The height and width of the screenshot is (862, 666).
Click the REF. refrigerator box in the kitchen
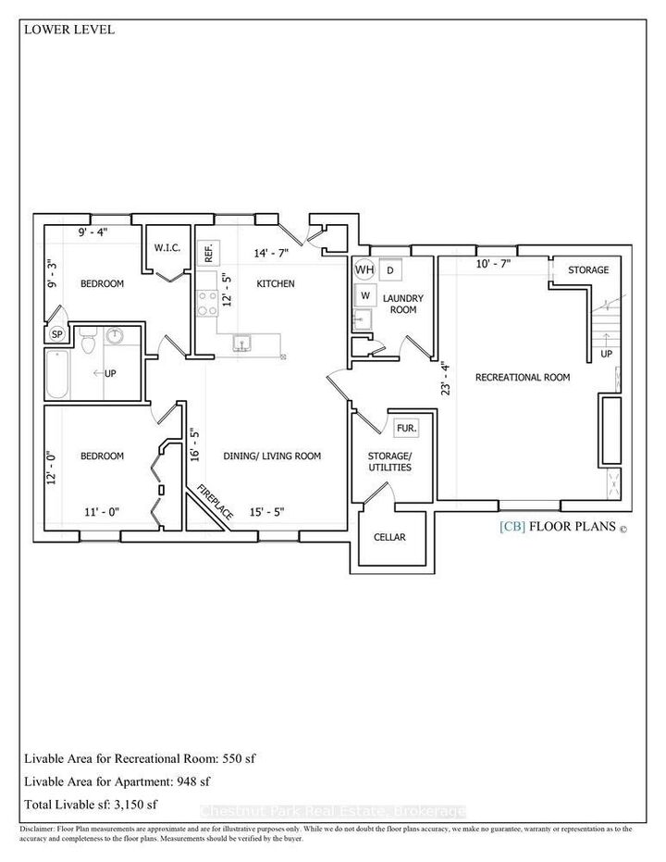click(x=209, y=254)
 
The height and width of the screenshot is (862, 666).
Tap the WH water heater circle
click(x=364, y=269)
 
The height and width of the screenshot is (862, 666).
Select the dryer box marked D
click(x=390, y=270)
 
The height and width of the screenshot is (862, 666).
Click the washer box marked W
click(x=365, y=295)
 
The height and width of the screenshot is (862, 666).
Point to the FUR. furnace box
click(x=407, y=427)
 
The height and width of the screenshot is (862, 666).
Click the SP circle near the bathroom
click(x=56, y=333)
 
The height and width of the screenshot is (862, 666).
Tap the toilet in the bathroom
click(x=88, y=340)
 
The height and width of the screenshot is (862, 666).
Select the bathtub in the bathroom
click(x=57, y=374)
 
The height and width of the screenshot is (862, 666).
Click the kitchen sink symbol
click(x=241, y=343)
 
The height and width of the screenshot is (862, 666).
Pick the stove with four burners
click(x=207, y=304)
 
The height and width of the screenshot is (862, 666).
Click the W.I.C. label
click(x=166, y=248)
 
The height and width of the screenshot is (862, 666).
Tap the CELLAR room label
click(x=389, y=537)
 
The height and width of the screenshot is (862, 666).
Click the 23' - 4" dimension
click(x=445, y=378)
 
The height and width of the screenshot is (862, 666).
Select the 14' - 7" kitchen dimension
click(x=271, y=254)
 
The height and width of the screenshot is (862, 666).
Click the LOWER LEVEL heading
click(x=69, y=30)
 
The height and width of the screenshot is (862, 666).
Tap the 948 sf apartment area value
click(x=193, y=781)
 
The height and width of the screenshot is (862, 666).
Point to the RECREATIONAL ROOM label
click(x=522, y=377)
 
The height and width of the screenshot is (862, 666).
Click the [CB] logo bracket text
click(x=512, y=527)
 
